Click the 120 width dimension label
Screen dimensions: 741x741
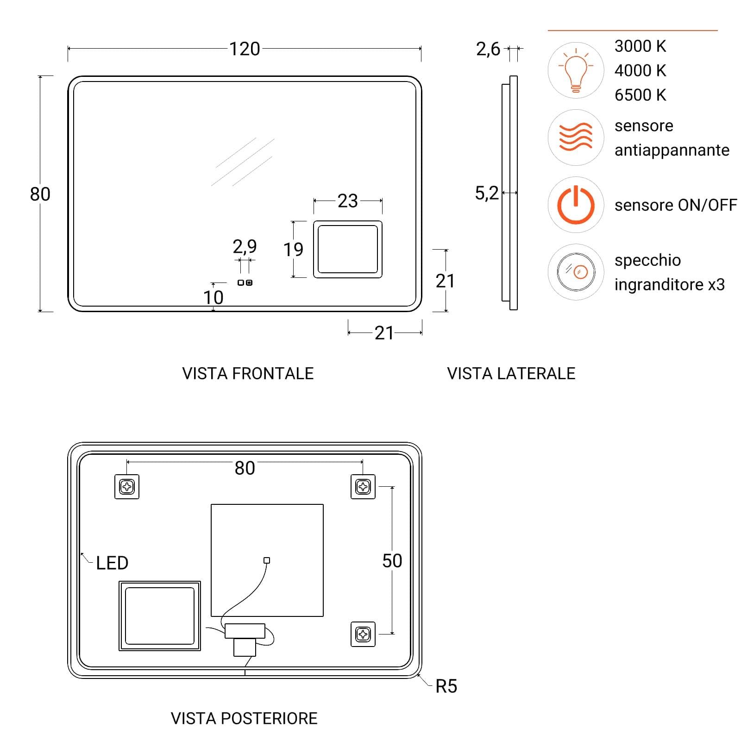(x=245, y=49)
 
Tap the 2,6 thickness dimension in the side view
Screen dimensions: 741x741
(x=488, y=49)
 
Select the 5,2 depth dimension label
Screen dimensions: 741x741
(x=487, y=193)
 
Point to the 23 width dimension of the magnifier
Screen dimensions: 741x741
(x=347, y=201)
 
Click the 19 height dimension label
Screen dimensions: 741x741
(x=293, y=250)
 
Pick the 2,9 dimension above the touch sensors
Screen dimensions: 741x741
(x=245, y=246)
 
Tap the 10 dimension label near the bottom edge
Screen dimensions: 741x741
(x=213, y=297)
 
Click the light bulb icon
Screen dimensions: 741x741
(x=576, y=70)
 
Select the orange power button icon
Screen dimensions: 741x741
(x=576, y=205)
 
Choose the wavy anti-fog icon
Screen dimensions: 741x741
(x=576, y=137)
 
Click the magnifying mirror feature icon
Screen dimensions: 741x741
(x=576, y=272)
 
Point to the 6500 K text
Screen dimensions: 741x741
(x=640, y=95)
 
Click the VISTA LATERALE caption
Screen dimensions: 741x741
(x=511, y=373)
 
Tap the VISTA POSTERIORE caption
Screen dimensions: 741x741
(x=244, y=718)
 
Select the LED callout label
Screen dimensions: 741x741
(x=112, y=563)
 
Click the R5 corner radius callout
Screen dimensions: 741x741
(x=446, y=686)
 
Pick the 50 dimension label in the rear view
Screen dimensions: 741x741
(x=392, y=561)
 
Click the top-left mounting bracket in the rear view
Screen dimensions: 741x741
(x=127, y=487)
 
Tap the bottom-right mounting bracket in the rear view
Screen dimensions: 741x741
(x=363, y=634)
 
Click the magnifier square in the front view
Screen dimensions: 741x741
(x=348, y=249)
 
